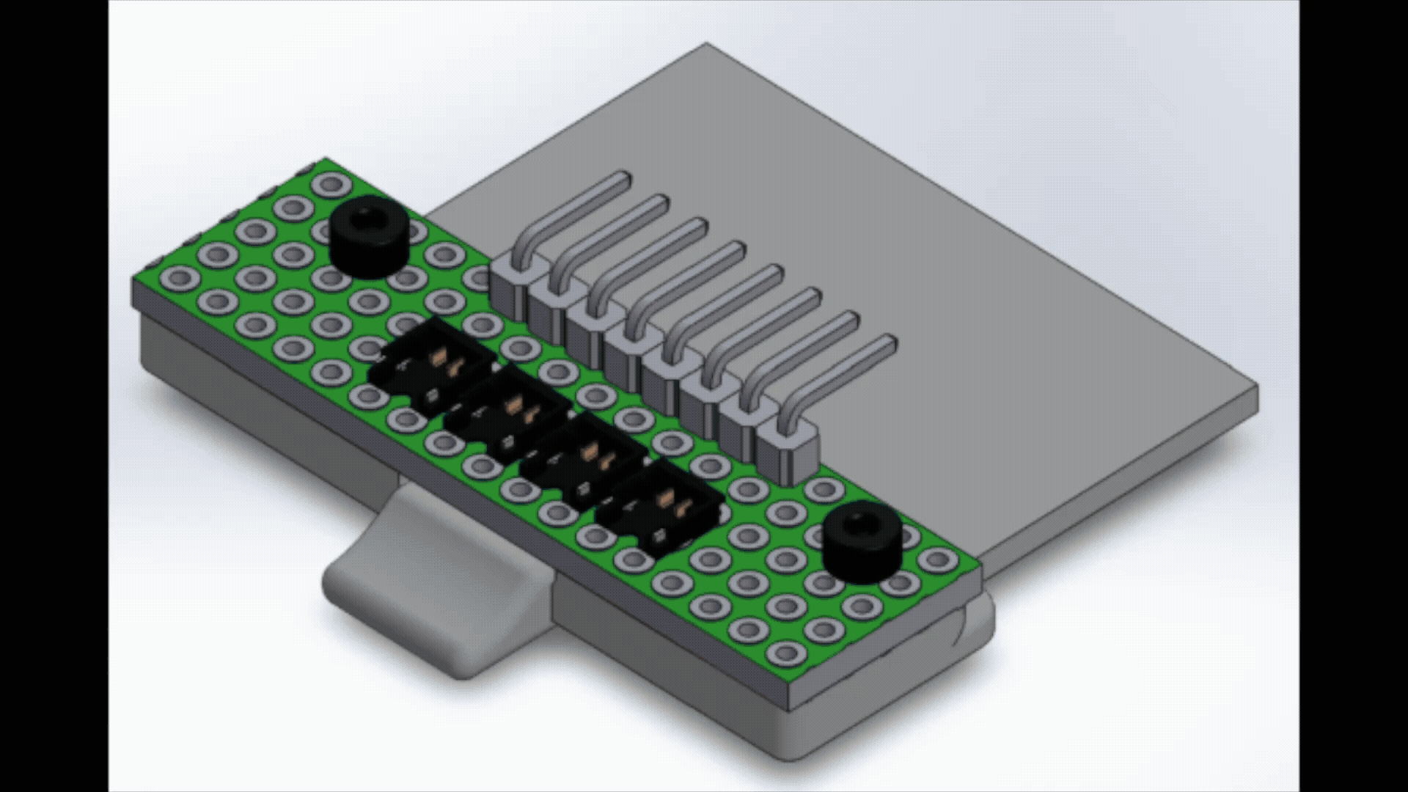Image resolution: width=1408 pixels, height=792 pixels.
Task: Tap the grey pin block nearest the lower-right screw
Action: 788,451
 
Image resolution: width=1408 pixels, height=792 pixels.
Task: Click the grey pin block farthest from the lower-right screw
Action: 510,282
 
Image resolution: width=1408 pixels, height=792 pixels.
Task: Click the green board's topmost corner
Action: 327,158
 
